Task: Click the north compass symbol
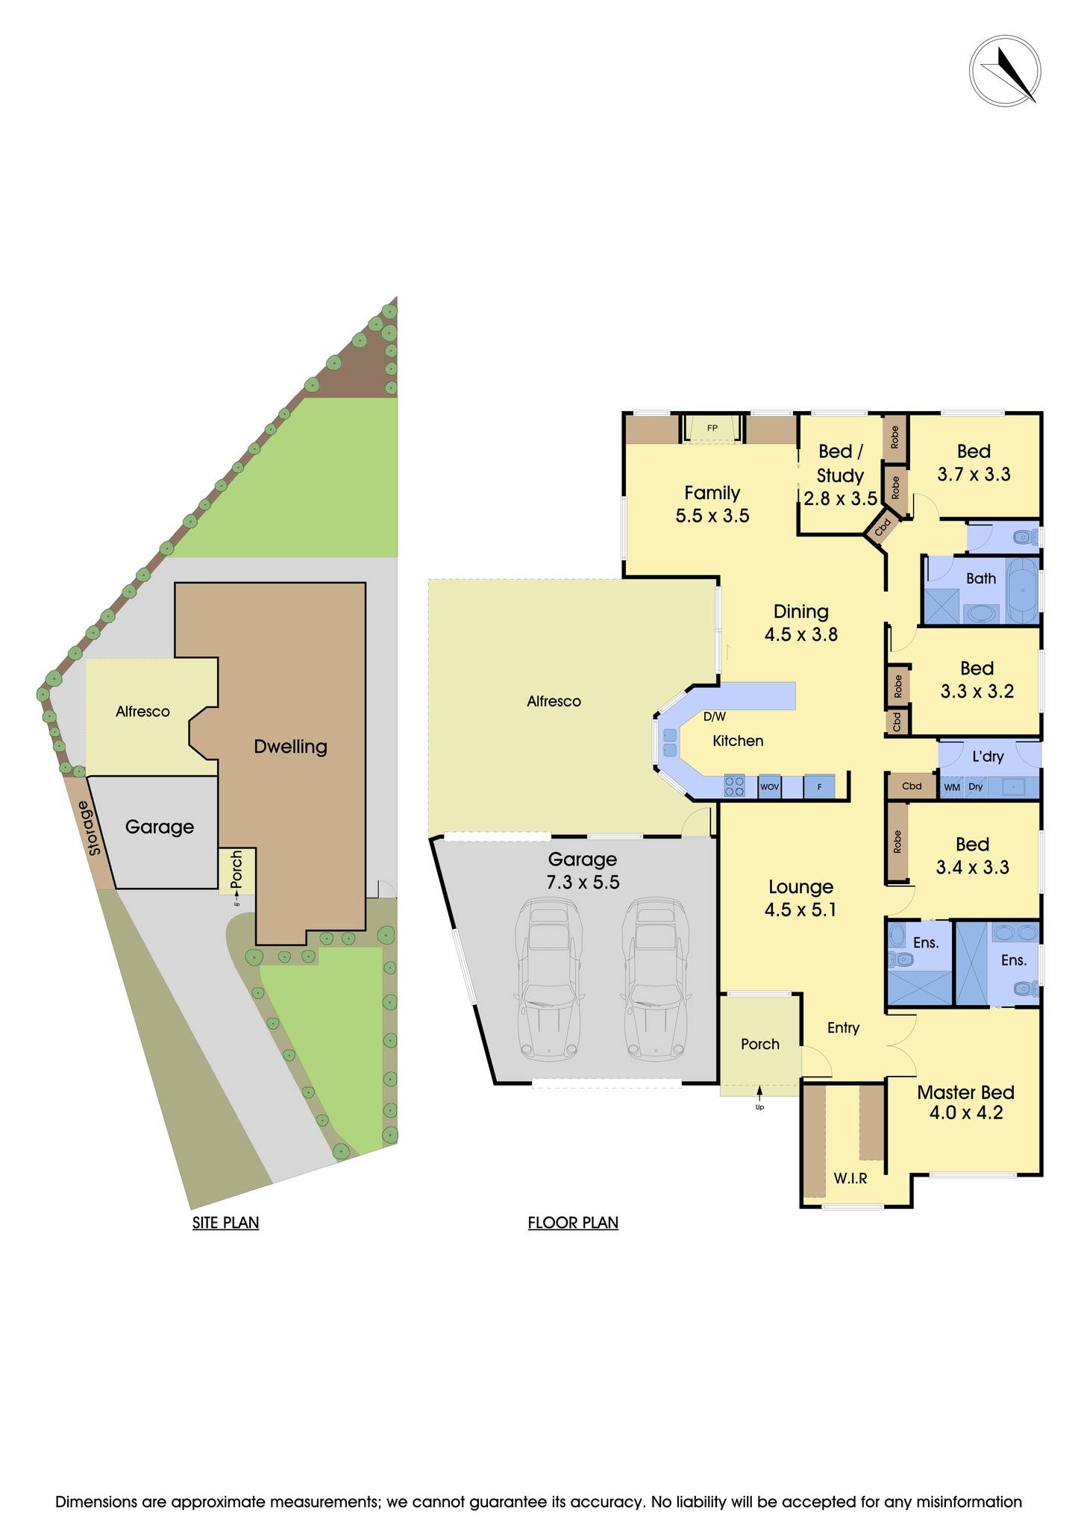pyautogui.click(x=1005, y=71)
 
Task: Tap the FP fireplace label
pyautogui.click(x=712, y=428)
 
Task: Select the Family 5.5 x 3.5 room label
pyautogui.click(x=712, y=504)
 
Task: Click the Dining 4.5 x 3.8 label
pyautogui.click(x=800, y=623)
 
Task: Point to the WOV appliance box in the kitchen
pyautogui.click(x=769, y=787)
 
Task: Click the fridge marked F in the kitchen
pyautogui.click(x=819, y=787)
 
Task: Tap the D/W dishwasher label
pyautogui.click(x=714, y=717)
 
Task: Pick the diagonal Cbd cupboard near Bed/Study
pyautogui.click(x=883, y=527)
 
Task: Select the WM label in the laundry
pyautogui.click(x=952, y=787)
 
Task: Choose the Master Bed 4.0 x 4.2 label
pyautogui.click(x=965, y=1103)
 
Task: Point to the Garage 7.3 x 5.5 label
pyautogui.click(x=583, y=871)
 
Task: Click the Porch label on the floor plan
pyautogui.click(x=759, y=1045)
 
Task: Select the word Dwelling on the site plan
pyautogui.click(x=290, y=747)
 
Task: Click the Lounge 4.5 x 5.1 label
pyautogui.click(x=800, y=898)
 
